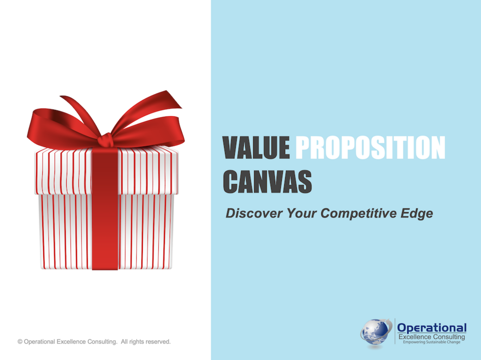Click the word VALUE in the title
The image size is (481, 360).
(x=256, y=148)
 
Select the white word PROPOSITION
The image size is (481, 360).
(x=370, y=148)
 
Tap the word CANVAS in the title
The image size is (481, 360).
(x=267, y=182)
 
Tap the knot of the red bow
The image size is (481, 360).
(x=105, y=140)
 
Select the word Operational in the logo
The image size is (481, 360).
(x=432, y=328)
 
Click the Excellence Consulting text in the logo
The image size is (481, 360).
(x=431, y=337)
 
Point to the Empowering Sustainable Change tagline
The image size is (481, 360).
(x=431, y=342)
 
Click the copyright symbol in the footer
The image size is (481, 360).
(x=20, y=342)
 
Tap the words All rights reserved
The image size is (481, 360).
(x=146, y=342)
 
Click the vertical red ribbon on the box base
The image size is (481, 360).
(x=105, y=232)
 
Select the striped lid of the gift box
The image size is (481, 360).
(x=106, y=171)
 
